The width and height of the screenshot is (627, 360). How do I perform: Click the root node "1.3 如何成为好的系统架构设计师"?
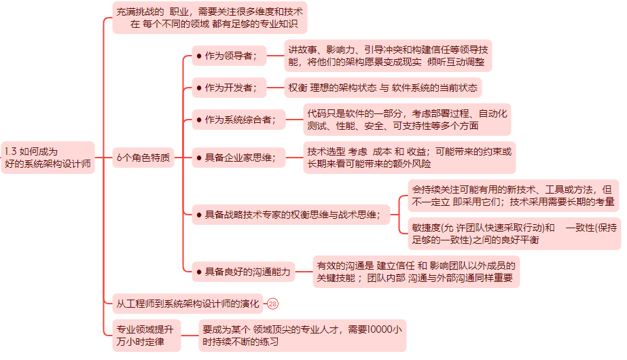(x=48, y=158)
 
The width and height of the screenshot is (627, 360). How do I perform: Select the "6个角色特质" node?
(x=143, y=158)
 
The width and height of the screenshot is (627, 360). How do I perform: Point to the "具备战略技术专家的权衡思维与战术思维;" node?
(x=292, y=215)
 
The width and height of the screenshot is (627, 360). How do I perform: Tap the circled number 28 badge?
(x=273, y=304)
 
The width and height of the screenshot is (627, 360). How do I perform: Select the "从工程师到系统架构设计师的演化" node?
(x=187, y=304)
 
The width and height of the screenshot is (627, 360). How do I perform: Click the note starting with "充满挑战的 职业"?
(x=209, y=18)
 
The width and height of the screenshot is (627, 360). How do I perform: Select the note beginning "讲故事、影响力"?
(x=387, y=56)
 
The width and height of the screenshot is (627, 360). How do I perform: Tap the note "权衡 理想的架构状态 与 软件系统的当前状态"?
(x=383, y=88)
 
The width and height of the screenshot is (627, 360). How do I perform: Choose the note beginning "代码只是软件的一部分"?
(x=406, y=120)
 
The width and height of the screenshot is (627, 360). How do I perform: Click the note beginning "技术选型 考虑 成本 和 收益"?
(x=410, y=158)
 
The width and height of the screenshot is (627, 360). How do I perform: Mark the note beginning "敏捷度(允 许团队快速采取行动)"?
(x=513, y=234)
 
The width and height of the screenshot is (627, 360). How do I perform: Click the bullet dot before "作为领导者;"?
(x=198, y=56)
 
